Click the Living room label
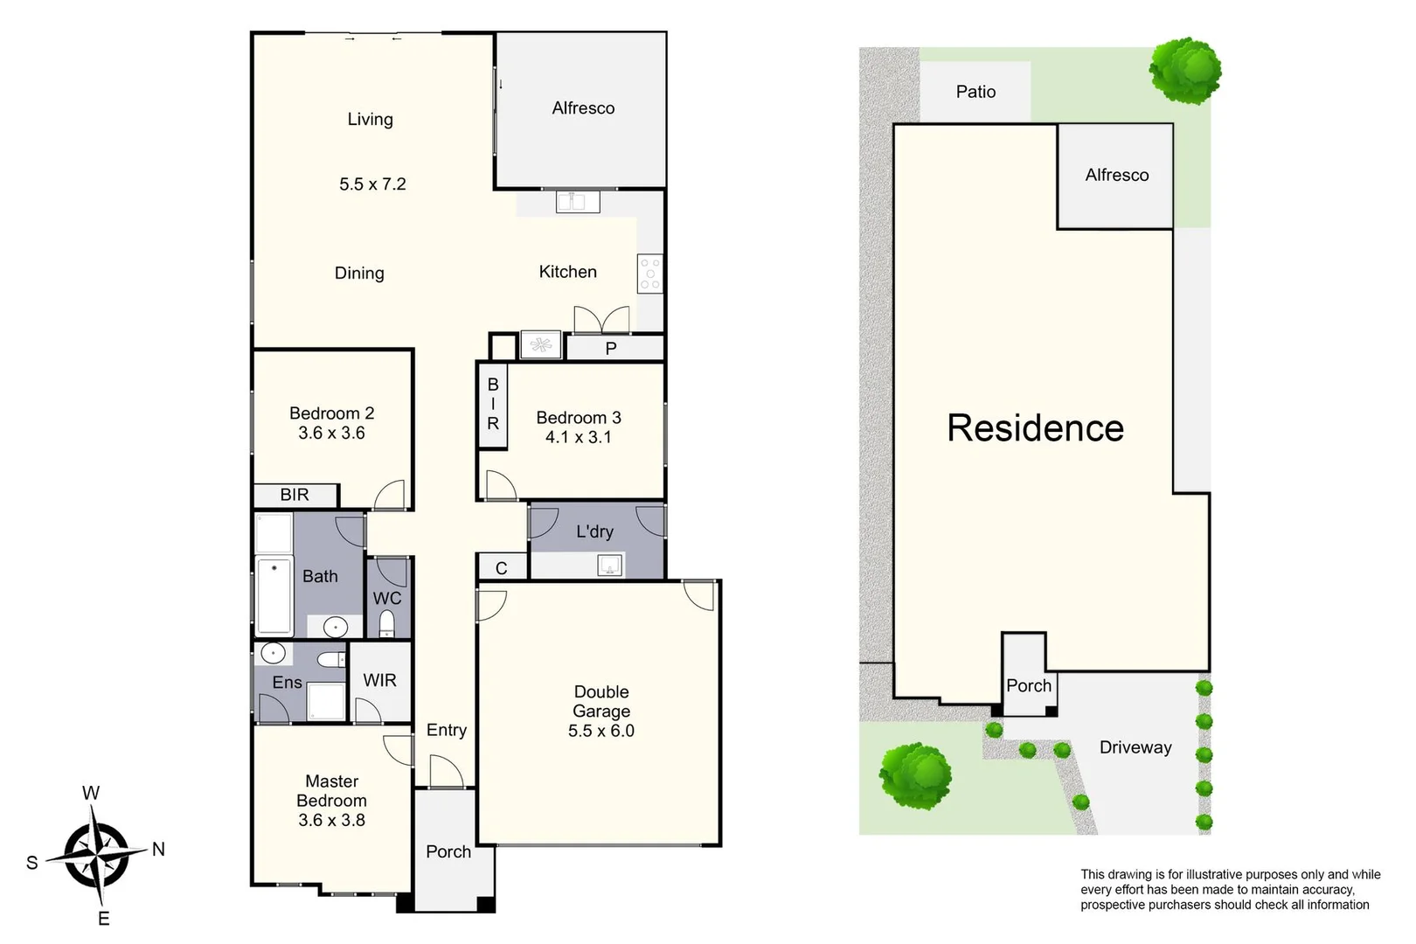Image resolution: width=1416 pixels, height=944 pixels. [370, 120]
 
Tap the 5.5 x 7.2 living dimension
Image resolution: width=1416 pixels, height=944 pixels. [372, 184]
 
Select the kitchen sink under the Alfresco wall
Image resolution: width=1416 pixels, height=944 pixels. [578, 202]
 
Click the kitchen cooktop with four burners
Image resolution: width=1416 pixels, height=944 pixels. [650, 274]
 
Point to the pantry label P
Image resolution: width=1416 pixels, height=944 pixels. [611, 349]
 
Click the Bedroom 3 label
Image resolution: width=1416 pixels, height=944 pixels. [579, 418]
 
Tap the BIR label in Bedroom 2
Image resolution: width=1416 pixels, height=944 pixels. [295, 495]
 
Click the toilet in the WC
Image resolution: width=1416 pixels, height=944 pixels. [386, 624]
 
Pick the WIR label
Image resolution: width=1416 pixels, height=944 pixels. [379, 680]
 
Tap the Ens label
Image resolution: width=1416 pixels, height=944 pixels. [287, 683]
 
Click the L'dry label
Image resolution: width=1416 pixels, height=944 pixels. [594, 531]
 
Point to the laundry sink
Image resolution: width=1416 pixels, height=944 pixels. [609, 566]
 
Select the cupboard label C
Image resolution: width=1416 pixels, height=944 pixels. [502, 568]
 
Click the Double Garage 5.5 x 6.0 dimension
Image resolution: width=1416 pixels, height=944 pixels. [601, 731]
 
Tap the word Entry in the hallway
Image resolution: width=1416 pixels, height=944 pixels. [446, 730]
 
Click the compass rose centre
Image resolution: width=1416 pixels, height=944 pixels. [96, 853]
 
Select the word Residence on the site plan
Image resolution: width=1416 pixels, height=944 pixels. [1036, 428]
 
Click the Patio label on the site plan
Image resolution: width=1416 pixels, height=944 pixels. [975, 92]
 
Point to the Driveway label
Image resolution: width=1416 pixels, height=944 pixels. [1135, 747]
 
